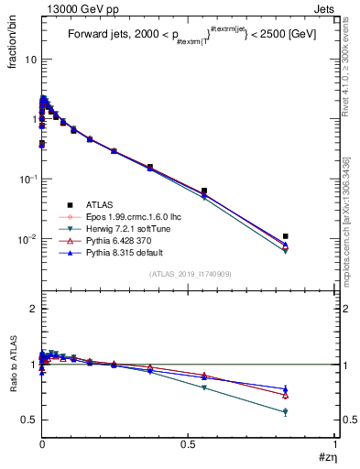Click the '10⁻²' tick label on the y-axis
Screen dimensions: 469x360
[27, 239]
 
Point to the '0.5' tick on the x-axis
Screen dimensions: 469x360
[188, 444]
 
